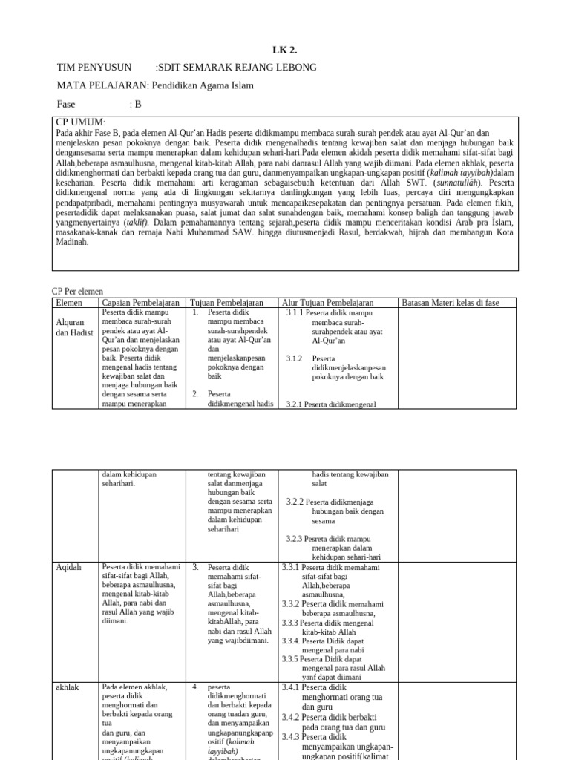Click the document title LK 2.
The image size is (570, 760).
[285, 50]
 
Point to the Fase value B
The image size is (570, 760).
[137, 104]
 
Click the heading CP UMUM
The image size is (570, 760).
[81, 122]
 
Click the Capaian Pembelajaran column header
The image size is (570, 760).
[140, 303]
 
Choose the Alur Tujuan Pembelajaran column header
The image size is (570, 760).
[328, 303]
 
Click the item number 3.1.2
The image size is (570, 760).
[295, 358]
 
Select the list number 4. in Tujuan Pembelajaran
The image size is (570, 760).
[195, 687]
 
